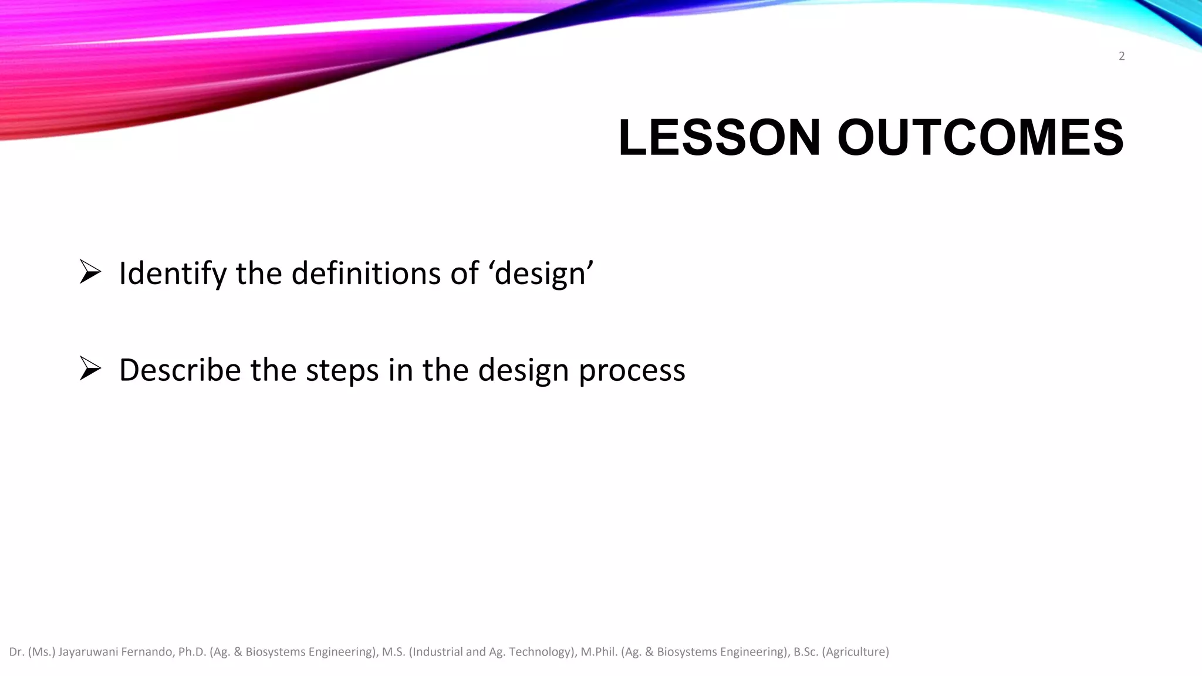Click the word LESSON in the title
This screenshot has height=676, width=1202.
[719, 138]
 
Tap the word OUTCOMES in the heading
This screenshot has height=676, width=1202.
[980, 138]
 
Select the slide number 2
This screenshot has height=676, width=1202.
[1122, 56]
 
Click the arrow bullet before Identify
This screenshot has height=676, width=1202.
[90, 272]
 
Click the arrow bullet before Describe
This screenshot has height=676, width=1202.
[90, 369]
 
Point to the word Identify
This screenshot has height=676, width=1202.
[173, 274]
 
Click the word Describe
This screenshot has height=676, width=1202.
[180, 370]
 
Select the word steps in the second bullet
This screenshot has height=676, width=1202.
[342, 371]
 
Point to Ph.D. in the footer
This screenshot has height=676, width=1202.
[193, 652]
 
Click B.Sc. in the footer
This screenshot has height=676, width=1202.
[806, 652]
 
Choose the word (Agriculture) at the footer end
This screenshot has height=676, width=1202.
[856, 652]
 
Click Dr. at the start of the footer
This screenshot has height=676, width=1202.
[16, 652]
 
